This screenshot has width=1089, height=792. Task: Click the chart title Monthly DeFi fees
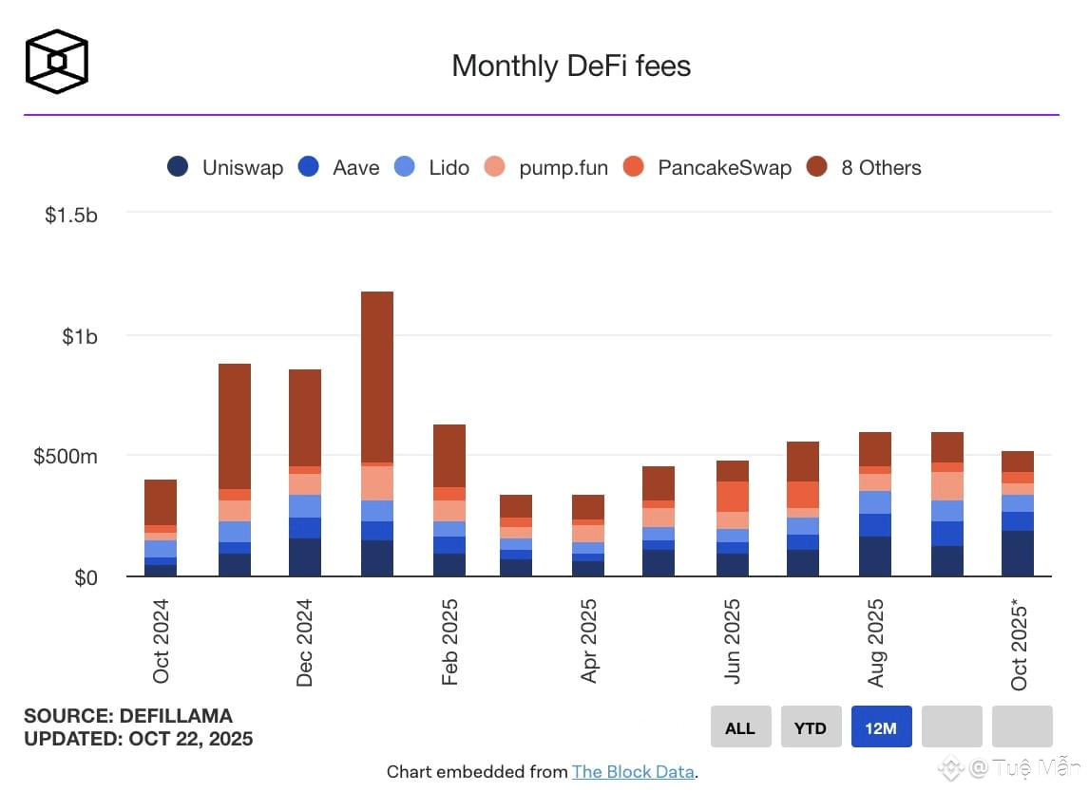pyautogui.click(x=571, y=66)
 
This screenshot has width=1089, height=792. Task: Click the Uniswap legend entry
pyautogui.click(x=225, y=168)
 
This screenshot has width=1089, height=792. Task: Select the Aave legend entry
pyautogui.click(x=338, y=168)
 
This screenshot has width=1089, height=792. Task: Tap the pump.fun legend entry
pyautogui.click(x=544, y=168)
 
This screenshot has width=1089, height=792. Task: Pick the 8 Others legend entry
pyautogui.click(x=863, y=168)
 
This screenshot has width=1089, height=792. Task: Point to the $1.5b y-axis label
pyautogui.click(x=70, y=215)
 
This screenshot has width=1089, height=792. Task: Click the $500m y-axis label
pyautogui.click(x=65, y=457)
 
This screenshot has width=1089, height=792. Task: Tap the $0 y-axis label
pyautogui.click(x=86, y=577)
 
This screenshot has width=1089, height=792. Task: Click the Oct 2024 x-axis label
pyautogui.click(x=161, y=641)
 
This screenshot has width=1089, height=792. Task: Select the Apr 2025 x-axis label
pyautogui.click(x=589, y=641)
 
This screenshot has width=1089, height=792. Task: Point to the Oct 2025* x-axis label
pyautogui.click(x=1019, y=644)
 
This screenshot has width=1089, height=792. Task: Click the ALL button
pyautogui.click(x=740, y=727)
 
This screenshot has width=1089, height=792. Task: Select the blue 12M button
pyautogui.click(x=881, y=727)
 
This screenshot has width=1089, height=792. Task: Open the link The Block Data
pyautogui.click(x=633, y=772)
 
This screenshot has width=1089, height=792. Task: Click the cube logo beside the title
pyautogui.click(x=57, y=62)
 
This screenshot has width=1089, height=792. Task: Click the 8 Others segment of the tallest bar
pyautogui.click(x=377, y=376)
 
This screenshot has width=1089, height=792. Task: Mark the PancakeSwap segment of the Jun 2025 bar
pyautogui.click(x=733, y=496)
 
